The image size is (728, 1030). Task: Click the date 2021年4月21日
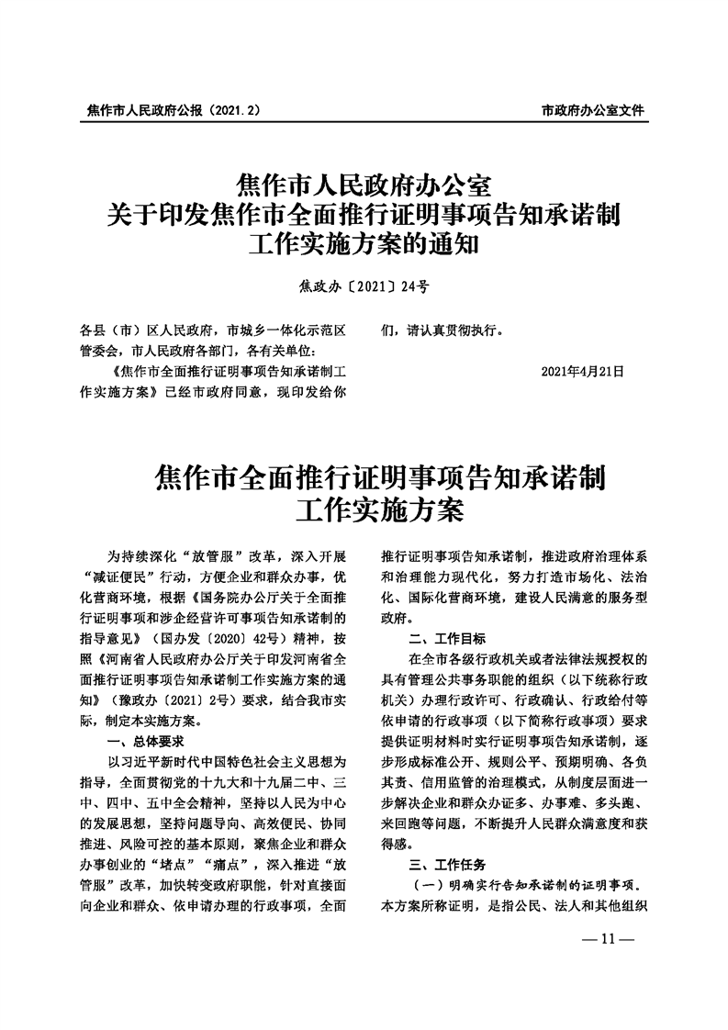click(x=583, y=372)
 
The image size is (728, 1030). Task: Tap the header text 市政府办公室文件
click(x=593, y=109)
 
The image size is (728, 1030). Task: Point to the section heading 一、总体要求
click(x=147, y=741)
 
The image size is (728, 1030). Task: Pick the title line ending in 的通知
click(x=364, y=247)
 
